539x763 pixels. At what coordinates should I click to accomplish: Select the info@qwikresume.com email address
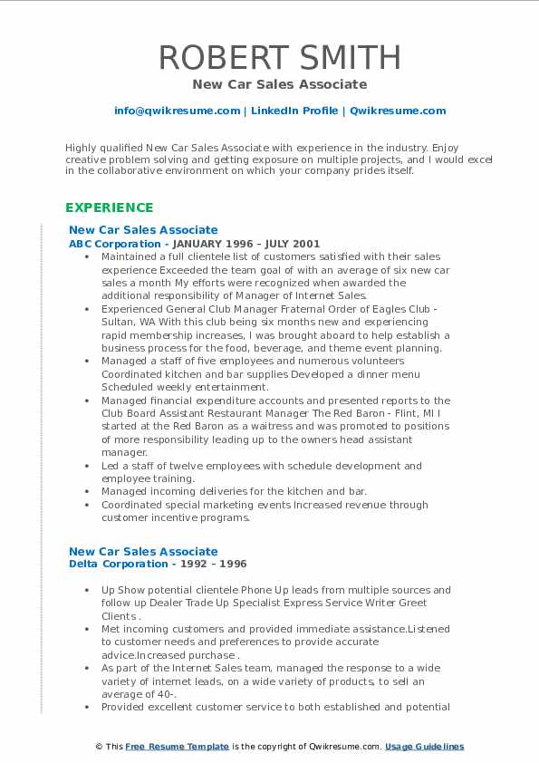coord(177,111)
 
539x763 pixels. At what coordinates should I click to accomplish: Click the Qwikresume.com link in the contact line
coord(398,111)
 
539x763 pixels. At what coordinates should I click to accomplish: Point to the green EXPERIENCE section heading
coord(109,208)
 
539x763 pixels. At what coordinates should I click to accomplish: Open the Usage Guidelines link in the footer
coord(424,747)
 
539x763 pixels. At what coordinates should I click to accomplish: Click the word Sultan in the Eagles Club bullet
coord(117,322)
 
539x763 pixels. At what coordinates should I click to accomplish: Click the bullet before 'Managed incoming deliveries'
coord(86,492)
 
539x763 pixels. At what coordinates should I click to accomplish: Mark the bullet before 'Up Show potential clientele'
coord(86,590)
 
